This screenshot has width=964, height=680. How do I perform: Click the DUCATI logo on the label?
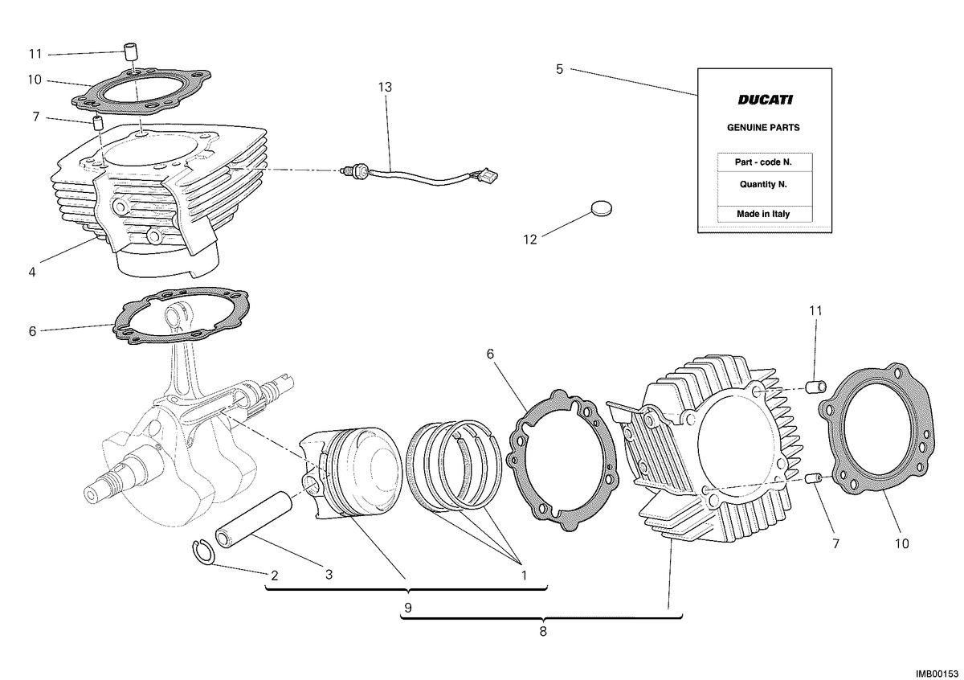pyautogui.click(x=765, y=100)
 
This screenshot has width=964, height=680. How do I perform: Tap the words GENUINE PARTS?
pyautogui.click(x=763, y=128)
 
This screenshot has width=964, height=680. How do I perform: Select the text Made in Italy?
pyautogui.click(x=763, y=214)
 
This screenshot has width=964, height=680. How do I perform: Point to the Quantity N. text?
pyautogui.click(x=763, y=184)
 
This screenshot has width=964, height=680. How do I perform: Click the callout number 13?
pyautogui.click(x=385, y=88)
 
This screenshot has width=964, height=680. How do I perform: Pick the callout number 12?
pyautogui.click(x=530, y=240)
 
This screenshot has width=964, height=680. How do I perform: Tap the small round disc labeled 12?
pyautogui.click(x=601, y=208)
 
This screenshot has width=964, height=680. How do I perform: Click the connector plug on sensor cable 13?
pyautogui.click(x=489, y=176)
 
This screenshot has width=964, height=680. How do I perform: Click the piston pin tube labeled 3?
pyautogui.click(x=254, y=519)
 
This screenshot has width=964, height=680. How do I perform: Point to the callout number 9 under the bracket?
pyautogui.click(x=408, y=608)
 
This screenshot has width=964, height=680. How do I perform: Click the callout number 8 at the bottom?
pyautogui.click(x=543, y=632)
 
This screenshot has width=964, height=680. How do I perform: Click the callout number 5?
pyautogui.click(x=559, y=69)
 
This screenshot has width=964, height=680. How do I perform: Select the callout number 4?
pyautogui.click(x=32, y=272)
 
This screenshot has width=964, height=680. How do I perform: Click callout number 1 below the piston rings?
pyautogui.click(x=524, y=576)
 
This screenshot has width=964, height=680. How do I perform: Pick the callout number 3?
pyautogui.click(x=329, y=575)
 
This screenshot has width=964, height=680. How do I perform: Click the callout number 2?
pyautogui.click(x=275, y=576)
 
